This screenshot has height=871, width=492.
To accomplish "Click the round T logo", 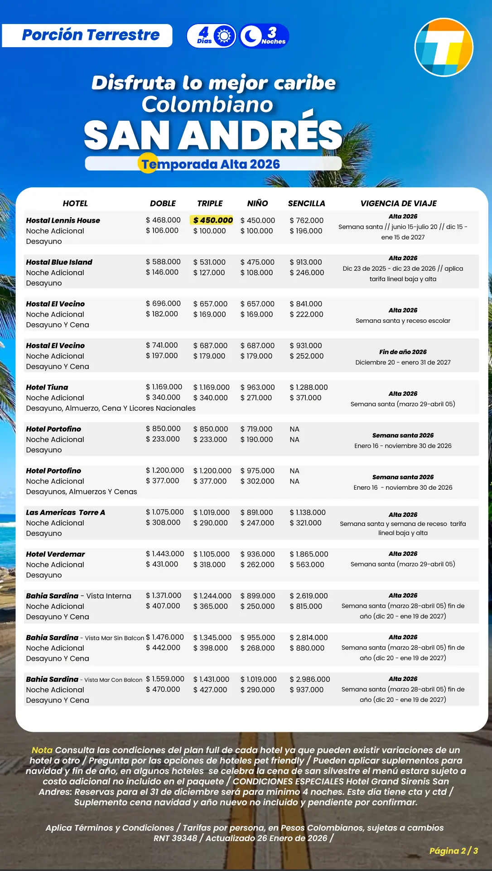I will tap(444, 47).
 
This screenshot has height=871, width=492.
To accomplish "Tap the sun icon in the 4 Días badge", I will tap(224, 36).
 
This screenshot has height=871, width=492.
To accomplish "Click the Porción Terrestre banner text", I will tap(91, 35).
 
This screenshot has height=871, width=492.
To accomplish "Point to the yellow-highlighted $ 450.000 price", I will tap(212, 220).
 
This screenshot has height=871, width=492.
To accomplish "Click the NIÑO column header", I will tap(257, 204).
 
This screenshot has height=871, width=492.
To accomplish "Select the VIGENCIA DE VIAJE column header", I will tap(398, 204).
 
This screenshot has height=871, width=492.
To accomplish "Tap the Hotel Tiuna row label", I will tap(47, 387).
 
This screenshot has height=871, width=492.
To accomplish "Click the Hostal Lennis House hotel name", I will tap(63, 220).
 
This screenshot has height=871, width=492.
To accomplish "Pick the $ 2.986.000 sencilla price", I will tap(309, 679).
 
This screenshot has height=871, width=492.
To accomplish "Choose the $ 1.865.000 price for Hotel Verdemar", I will tap(309, 554).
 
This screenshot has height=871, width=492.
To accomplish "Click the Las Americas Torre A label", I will tap(65, 512).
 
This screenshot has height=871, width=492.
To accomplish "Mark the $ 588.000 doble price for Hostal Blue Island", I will tap(163, 262).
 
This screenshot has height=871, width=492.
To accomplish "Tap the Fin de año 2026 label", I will tap(403, 352).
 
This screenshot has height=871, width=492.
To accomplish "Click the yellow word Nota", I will tap(42, 750).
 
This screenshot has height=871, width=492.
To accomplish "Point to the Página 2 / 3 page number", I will tap(453, 851).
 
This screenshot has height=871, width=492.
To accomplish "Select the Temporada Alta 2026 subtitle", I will tap(210, 164).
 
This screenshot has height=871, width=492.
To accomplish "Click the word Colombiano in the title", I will tap(207, 104).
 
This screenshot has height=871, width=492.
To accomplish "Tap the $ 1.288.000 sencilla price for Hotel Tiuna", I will tap(309, 387).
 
